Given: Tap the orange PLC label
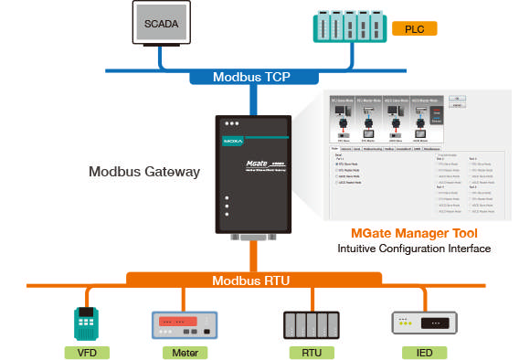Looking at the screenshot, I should [x=413, y=29].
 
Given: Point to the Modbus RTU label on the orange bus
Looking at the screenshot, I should [x=250, y=280].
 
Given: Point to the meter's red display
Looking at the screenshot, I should [x=176, y=322].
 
